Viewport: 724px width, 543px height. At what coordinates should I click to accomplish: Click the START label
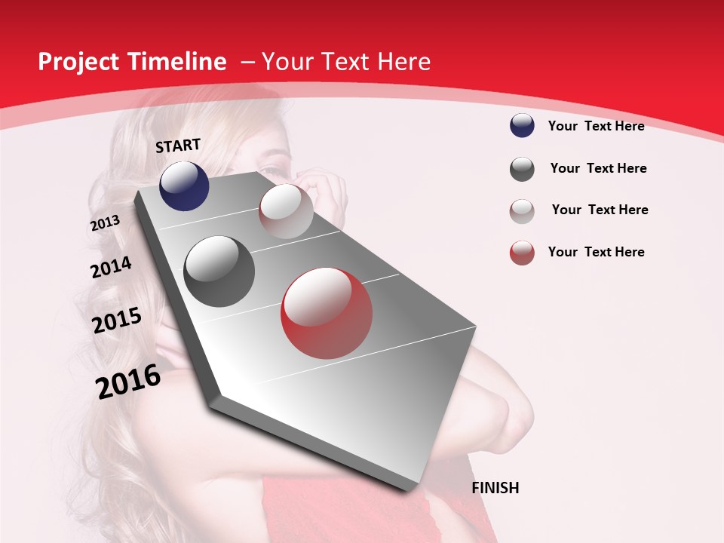[178, 146]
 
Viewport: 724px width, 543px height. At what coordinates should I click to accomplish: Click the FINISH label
[495, 488]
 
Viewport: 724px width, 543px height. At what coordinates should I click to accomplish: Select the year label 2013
[105, 223]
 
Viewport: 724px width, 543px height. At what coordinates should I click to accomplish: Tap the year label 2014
[111, 267]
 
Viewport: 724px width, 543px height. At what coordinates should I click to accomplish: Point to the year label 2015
[116, 321]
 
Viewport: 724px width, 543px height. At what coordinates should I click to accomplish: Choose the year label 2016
[128, 382]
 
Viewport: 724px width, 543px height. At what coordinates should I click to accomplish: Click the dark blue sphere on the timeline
[184, 186]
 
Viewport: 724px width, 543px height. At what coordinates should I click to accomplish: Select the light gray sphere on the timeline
[286, 211]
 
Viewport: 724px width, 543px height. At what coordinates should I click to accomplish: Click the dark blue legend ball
[522, 126]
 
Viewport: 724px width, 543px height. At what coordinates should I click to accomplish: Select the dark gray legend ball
[522, 169]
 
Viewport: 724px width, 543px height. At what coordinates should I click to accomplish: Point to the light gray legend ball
[522, 211]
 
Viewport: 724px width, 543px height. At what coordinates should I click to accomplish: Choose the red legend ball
[522, 253]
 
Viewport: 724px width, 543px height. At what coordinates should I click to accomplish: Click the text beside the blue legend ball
[596, 126]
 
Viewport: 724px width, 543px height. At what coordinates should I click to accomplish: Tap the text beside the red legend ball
[596, 252]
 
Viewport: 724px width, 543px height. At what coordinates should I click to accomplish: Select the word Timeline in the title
[177, 62]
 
